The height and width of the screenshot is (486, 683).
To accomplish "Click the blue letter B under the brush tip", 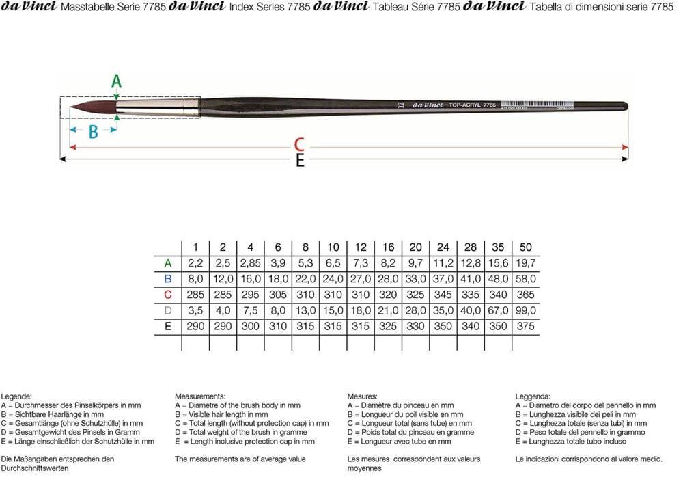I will (x=93, y=132).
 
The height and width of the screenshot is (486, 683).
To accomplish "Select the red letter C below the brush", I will (x=298, y=144).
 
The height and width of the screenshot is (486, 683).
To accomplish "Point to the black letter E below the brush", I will (x=299, y=161).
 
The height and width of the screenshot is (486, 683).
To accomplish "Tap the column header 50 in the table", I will (x=525, y=247).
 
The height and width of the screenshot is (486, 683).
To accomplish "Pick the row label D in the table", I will (x=168, y=311).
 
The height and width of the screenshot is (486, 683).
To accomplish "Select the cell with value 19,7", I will (x=525, y=263).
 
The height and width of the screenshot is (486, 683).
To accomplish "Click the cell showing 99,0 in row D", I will (x=525, y=311).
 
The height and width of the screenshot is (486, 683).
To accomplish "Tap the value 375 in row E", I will (x=525, y=327).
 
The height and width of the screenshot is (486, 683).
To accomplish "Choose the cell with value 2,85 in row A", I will (x=251, y=263).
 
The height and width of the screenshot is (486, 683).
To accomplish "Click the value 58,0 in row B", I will (x=525, y=279).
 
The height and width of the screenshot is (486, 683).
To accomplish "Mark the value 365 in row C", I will (x=525, y=295).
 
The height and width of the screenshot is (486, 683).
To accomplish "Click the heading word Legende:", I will (x=17, y=396).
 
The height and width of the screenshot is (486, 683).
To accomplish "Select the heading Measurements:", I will (x=200, y=396).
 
